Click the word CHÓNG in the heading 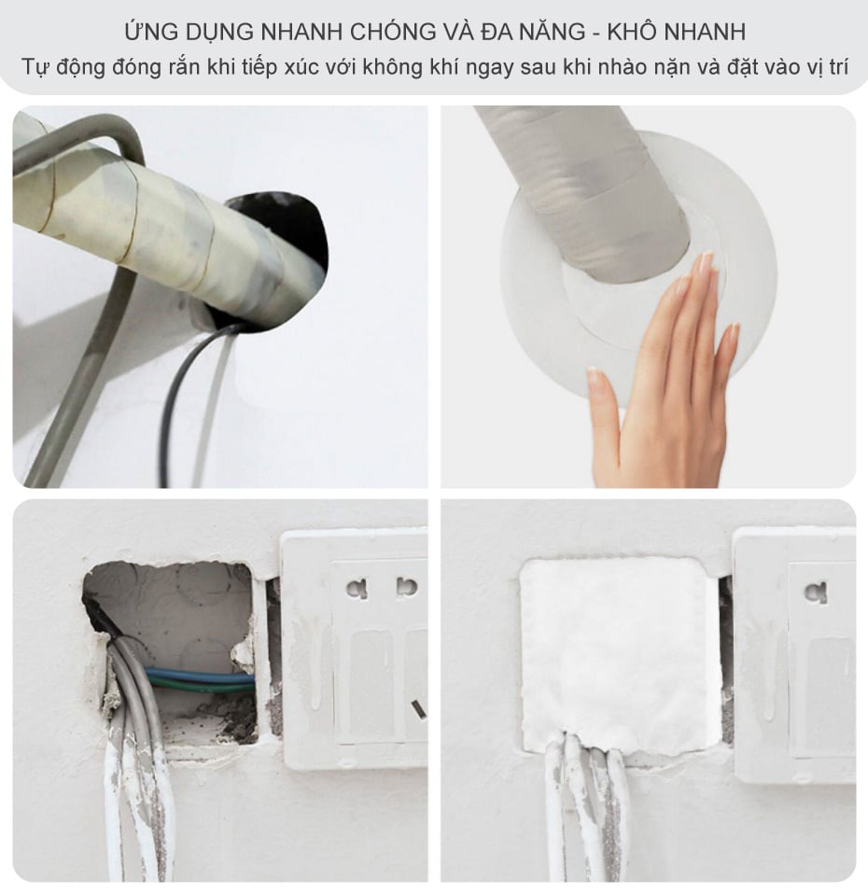pos(391,32)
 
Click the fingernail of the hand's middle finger pos(707,262)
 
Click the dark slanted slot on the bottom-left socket pos(419,709)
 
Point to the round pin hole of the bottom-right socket pos(815,593)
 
